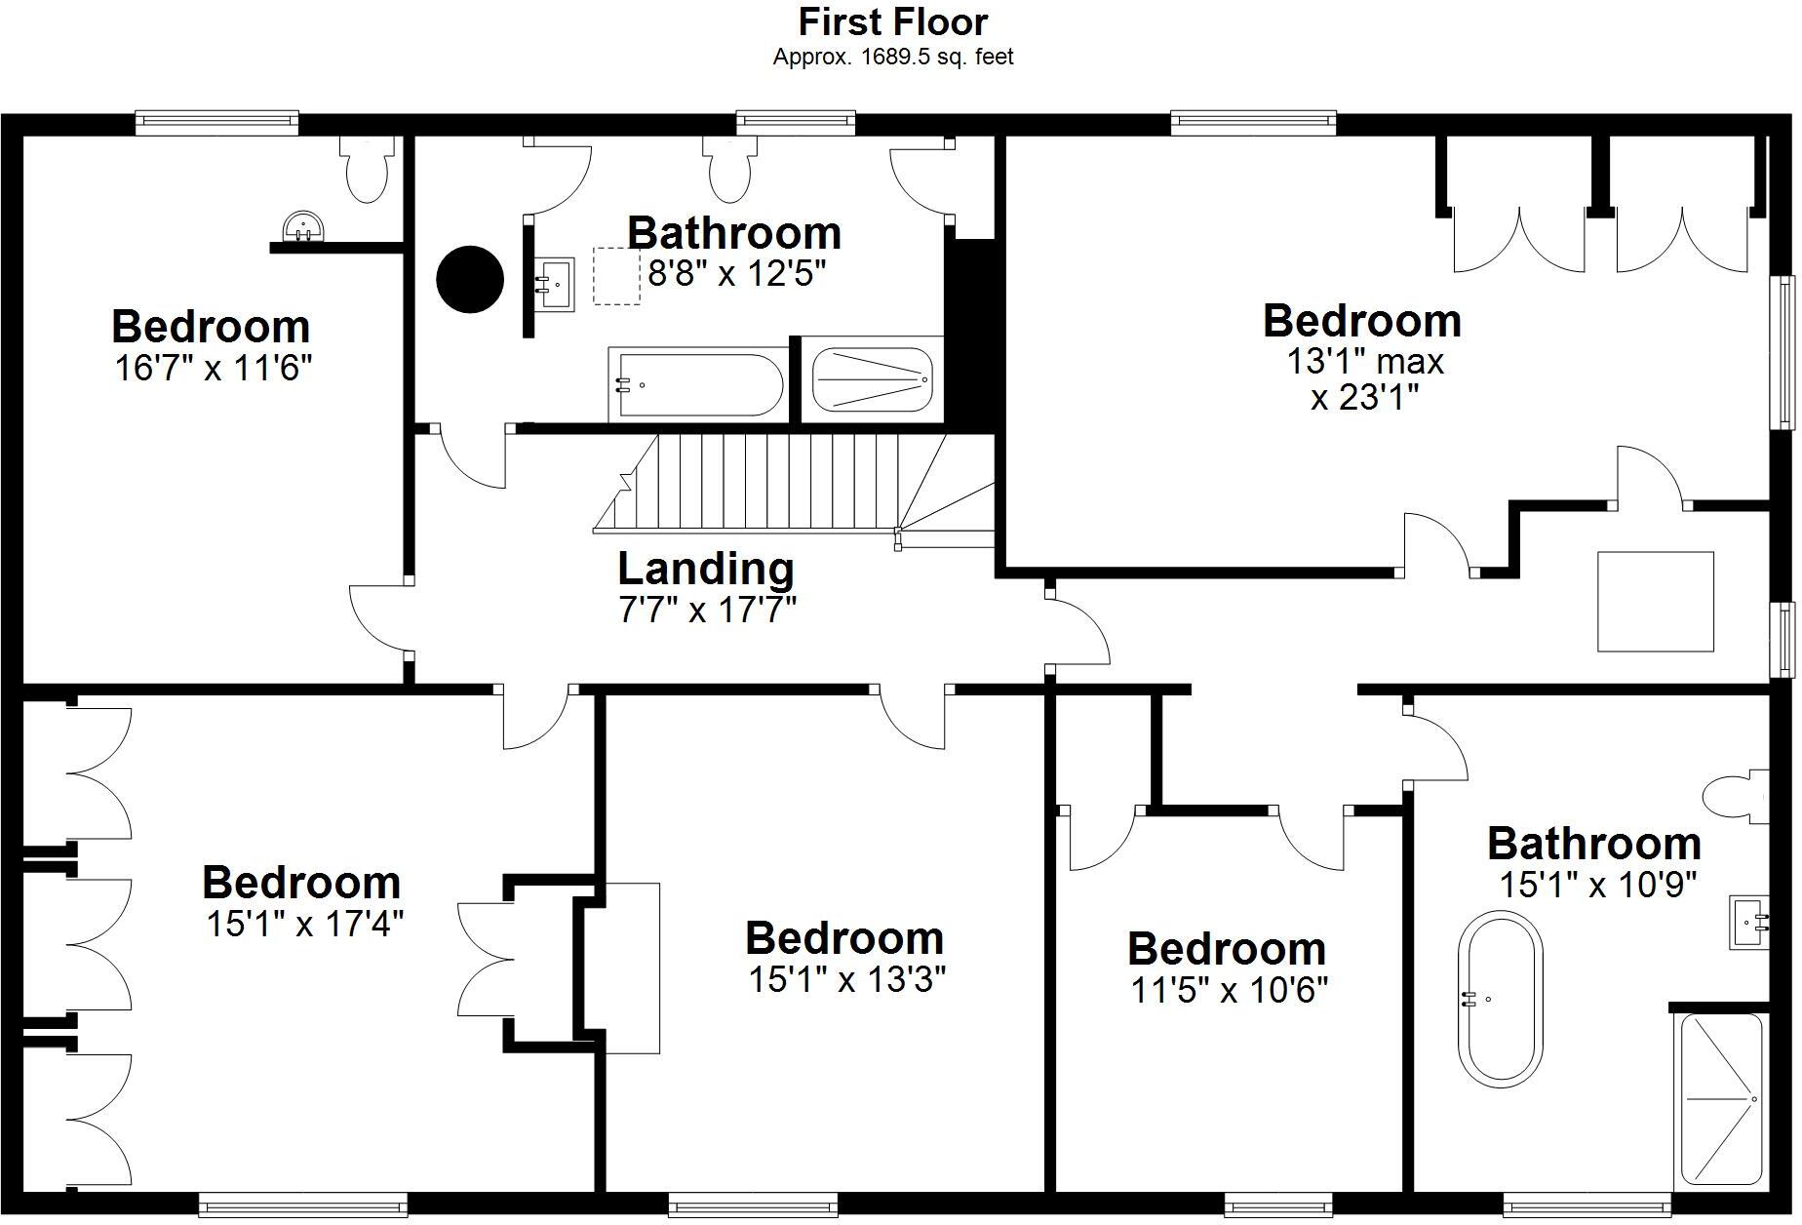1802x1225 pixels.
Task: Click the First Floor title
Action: pyautogui.click(x=893, y=21)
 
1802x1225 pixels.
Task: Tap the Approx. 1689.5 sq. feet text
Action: pyautogui.click(x=893, y=58)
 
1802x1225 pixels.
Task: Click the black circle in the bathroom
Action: pyautogui.click(x=469, y=279)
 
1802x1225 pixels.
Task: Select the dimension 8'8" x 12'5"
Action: pyautogui.click(x=737, y=274)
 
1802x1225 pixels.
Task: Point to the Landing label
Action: pyautogui.click(x=706, y=569)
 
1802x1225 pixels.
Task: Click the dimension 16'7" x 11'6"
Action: pyautogui.click(x=213, y=369)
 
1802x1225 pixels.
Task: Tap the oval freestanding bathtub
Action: pyautogui.click(x=1500, y=998)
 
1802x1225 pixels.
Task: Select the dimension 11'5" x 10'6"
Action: pyautogui.click(x=1230, y=991)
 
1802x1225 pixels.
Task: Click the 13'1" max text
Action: pyautogui.click(x=1364, y=362)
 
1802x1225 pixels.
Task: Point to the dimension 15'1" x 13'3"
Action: pyautogui.click(x=846, y=979)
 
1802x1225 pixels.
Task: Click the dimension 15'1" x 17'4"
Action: pyautogui.click(x=304, y=924)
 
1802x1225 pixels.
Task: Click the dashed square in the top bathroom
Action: pyautogui.click(x=616, y=276)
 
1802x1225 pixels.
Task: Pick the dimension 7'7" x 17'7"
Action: pyautogui.click(x=707, y=611)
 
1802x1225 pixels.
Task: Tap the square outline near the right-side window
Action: pyautogui.click(x=1655, y=602)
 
